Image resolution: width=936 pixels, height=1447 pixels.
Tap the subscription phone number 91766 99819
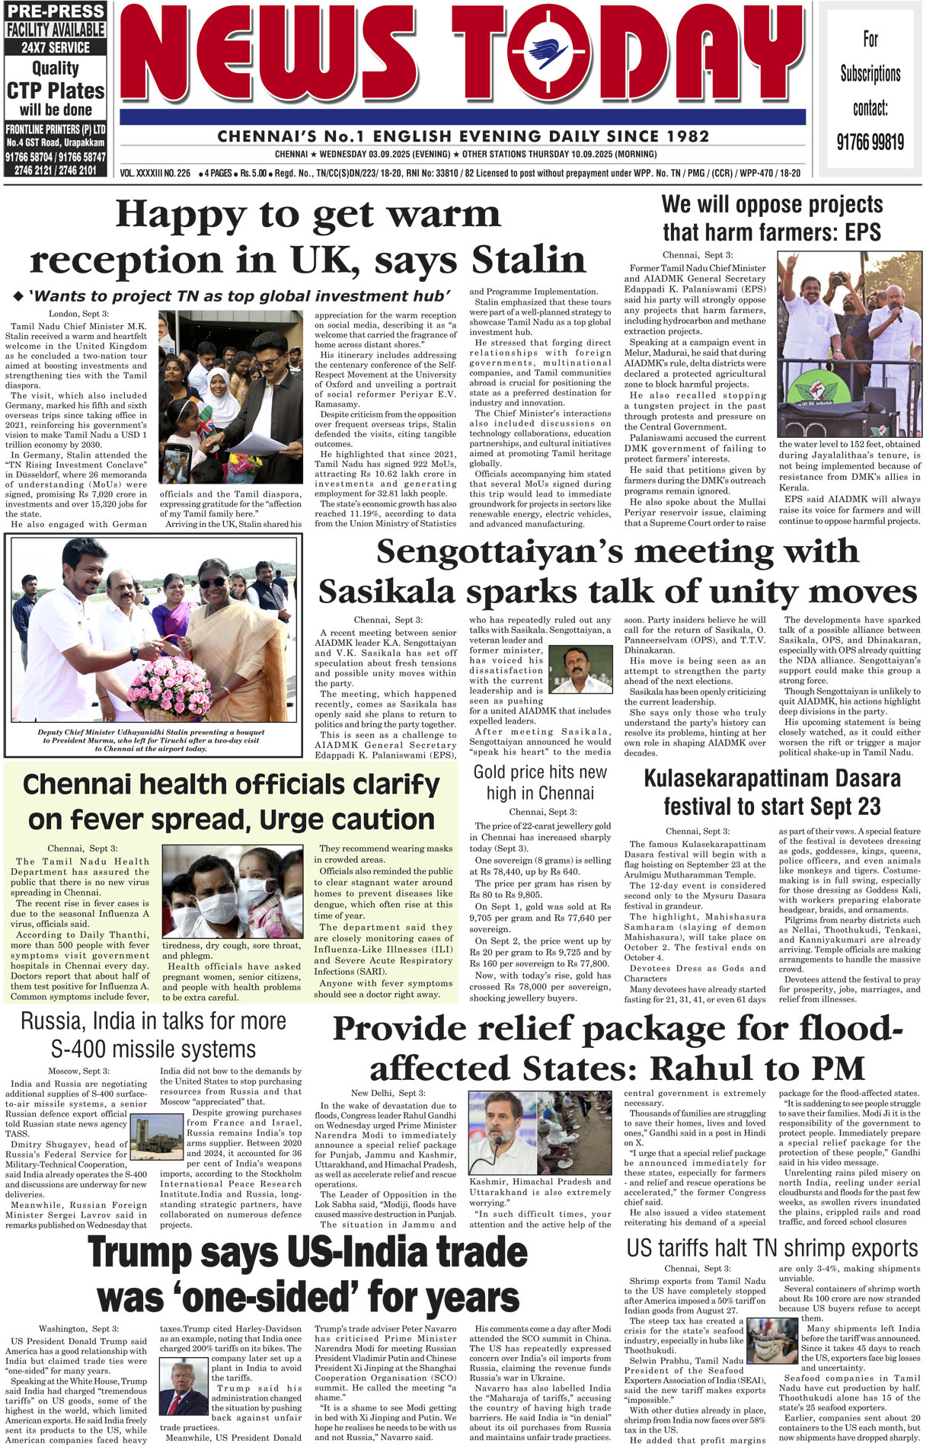click(870, 142)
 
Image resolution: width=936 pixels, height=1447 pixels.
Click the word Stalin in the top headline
click(529, 260)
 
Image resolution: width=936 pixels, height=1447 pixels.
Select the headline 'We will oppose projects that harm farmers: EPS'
click(772, 218)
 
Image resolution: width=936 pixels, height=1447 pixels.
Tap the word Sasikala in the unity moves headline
click(388, 593)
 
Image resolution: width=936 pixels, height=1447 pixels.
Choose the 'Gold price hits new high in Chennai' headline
click(540, 782)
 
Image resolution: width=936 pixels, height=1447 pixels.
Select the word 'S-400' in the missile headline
click(80, 1049)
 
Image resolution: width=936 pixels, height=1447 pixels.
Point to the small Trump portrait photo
click(183, 1388)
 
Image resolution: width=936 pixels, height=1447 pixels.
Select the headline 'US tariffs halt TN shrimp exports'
click(772, 1250)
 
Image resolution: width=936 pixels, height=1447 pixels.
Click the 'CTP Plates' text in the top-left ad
click(56, 91)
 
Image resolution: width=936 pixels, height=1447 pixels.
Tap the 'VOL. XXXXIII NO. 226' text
click(155, 174)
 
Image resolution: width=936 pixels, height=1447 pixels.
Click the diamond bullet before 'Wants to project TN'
click(18, 295)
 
